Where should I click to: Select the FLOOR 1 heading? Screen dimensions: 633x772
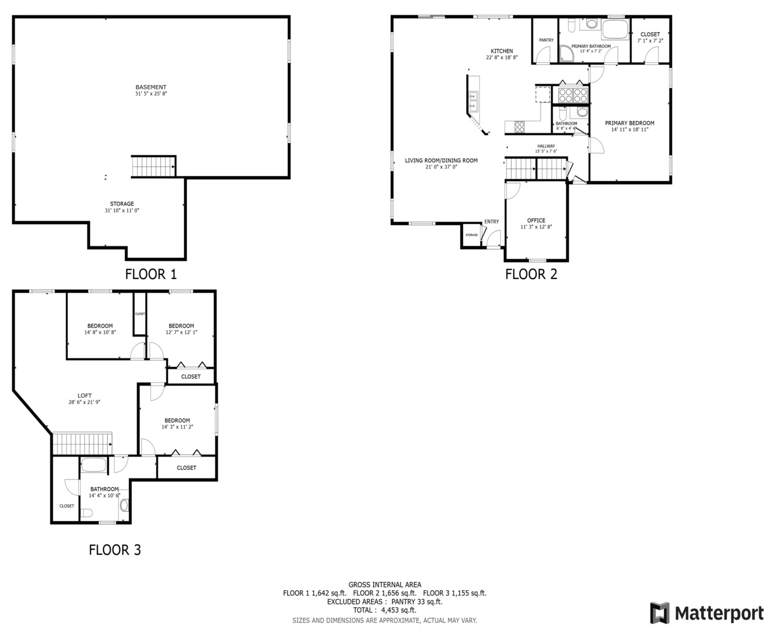pos(151,274)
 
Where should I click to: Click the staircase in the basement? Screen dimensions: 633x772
pos(153,166)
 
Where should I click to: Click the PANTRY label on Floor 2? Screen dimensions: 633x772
pos(546,40)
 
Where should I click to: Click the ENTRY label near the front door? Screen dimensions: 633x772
pos(491,222)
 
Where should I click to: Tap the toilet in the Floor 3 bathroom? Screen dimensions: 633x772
pos(87,514)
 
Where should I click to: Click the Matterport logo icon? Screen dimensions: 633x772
pos(660,613)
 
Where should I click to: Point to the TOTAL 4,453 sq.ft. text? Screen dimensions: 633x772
pos(384,610)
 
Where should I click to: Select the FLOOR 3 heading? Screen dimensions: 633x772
pos(115,550)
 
